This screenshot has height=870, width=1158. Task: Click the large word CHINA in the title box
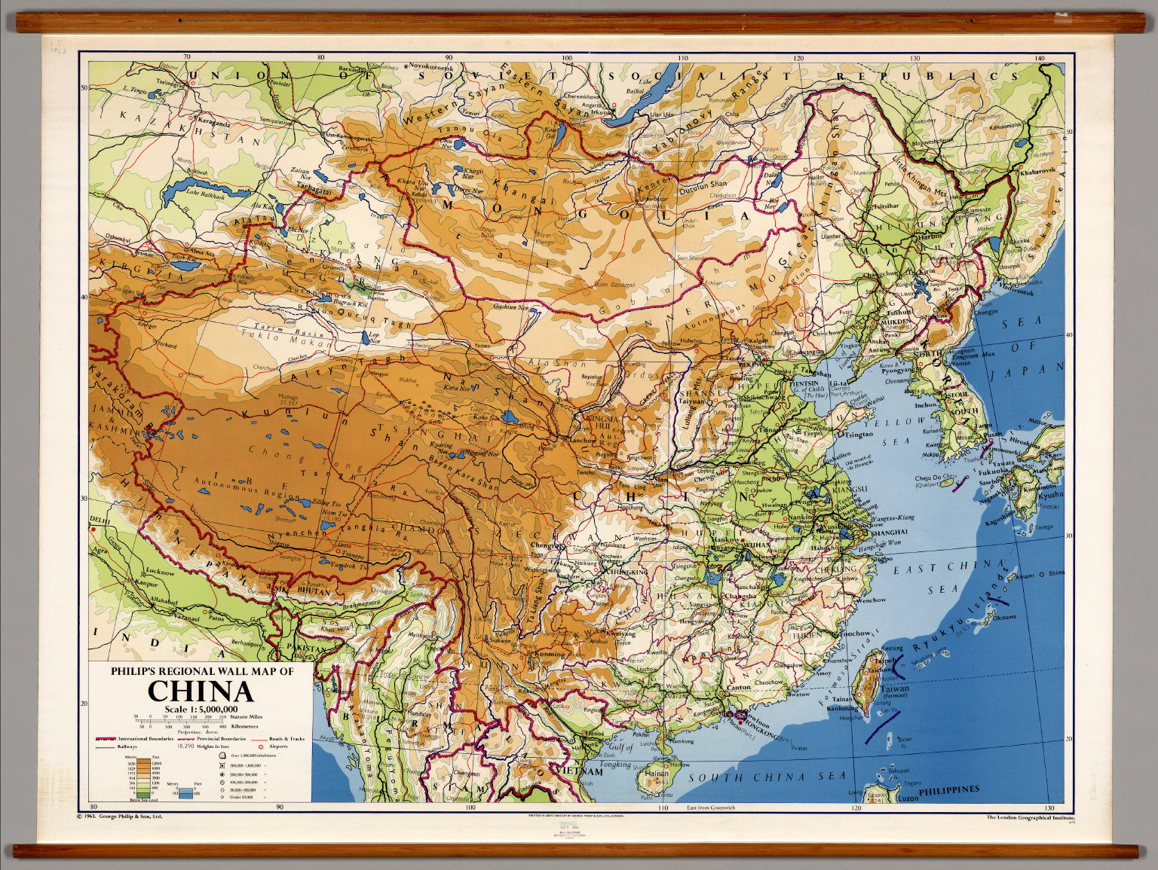pos(200,691)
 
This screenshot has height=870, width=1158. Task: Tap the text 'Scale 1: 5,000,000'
pos(201,708)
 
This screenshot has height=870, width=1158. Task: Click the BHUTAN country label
pos(314,592)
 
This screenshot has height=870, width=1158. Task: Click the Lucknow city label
pos(160,572)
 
